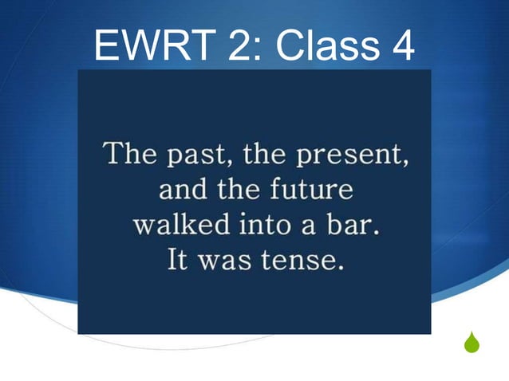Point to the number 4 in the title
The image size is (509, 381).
tap(399, 47)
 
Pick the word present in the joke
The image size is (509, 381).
tap(355, 155)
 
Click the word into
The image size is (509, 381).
tap(263, 225)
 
